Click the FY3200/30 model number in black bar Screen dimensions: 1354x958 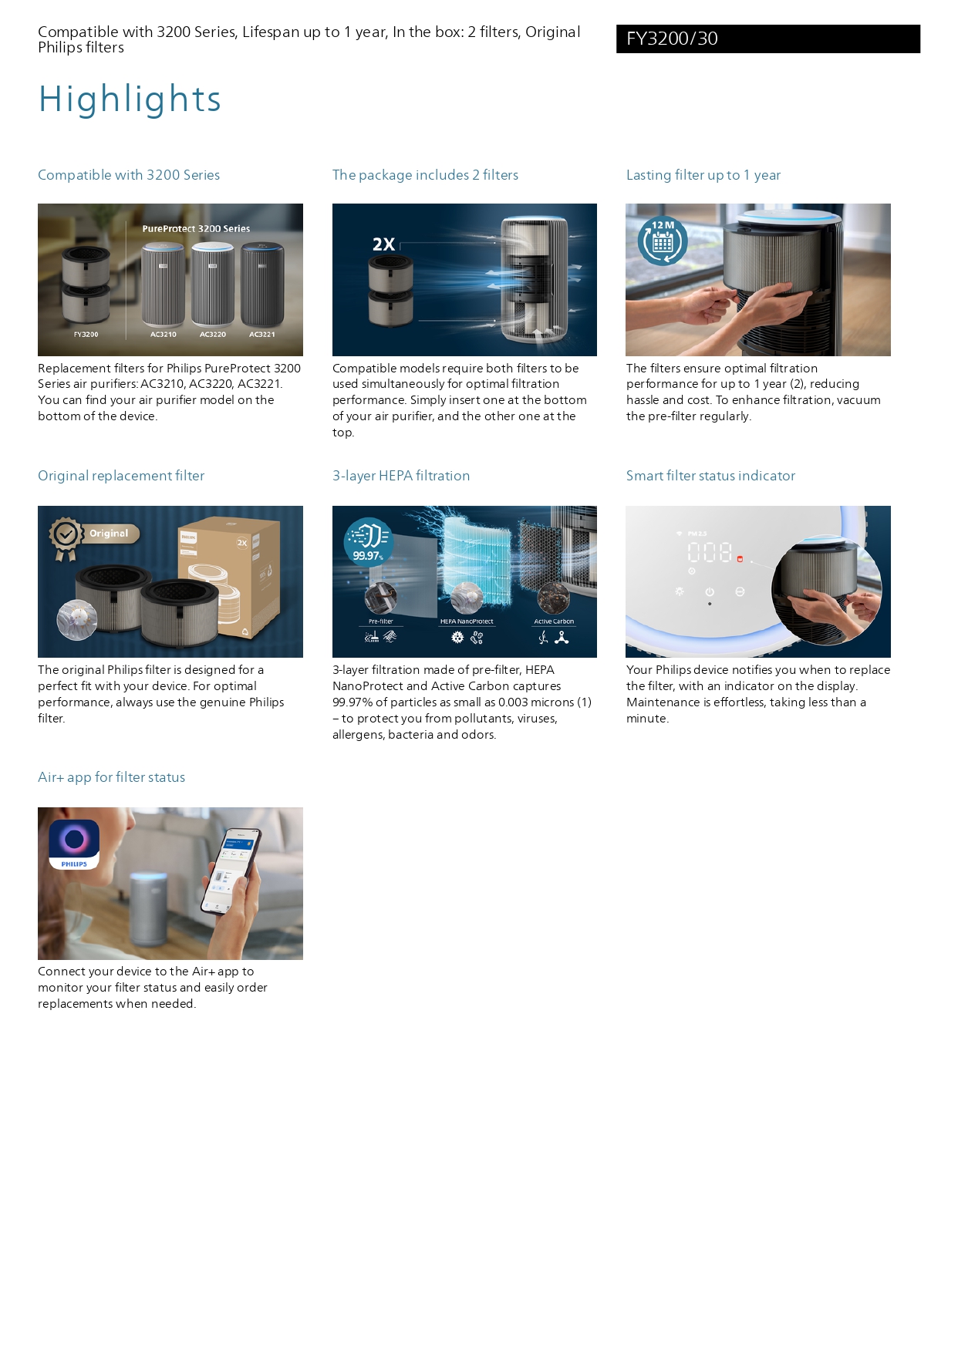click(x=672, y=39)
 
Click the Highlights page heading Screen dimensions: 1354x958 click(x=130, y=99)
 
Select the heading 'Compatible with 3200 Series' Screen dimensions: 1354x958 click(x=129, y=175)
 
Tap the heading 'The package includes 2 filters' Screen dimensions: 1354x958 click(x=425, y=175)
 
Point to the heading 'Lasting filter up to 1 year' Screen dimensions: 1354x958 click(x=703, y=175)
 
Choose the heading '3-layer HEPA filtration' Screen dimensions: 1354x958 click(x=400, y=476)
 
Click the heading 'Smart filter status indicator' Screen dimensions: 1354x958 click(x=710, y=476)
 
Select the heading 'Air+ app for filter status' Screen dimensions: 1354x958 click(x=111, y=777)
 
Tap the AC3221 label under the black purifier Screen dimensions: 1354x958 click(x=261, y=335)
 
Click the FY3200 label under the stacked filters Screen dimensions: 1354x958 click(x=86, y=335)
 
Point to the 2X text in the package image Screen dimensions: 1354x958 click(x=383, y=244)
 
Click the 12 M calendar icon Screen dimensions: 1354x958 click(x=663, y=241)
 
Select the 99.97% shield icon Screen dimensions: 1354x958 click(x=368, y=541)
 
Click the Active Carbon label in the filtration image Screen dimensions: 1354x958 click(x=554, y=621)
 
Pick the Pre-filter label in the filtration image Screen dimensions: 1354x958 click(x=380, y=621)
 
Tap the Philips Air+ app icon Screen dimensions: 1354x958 click(x=74, y=844)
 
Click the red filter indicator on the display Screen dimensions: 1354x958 click(x=740, y=558)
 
